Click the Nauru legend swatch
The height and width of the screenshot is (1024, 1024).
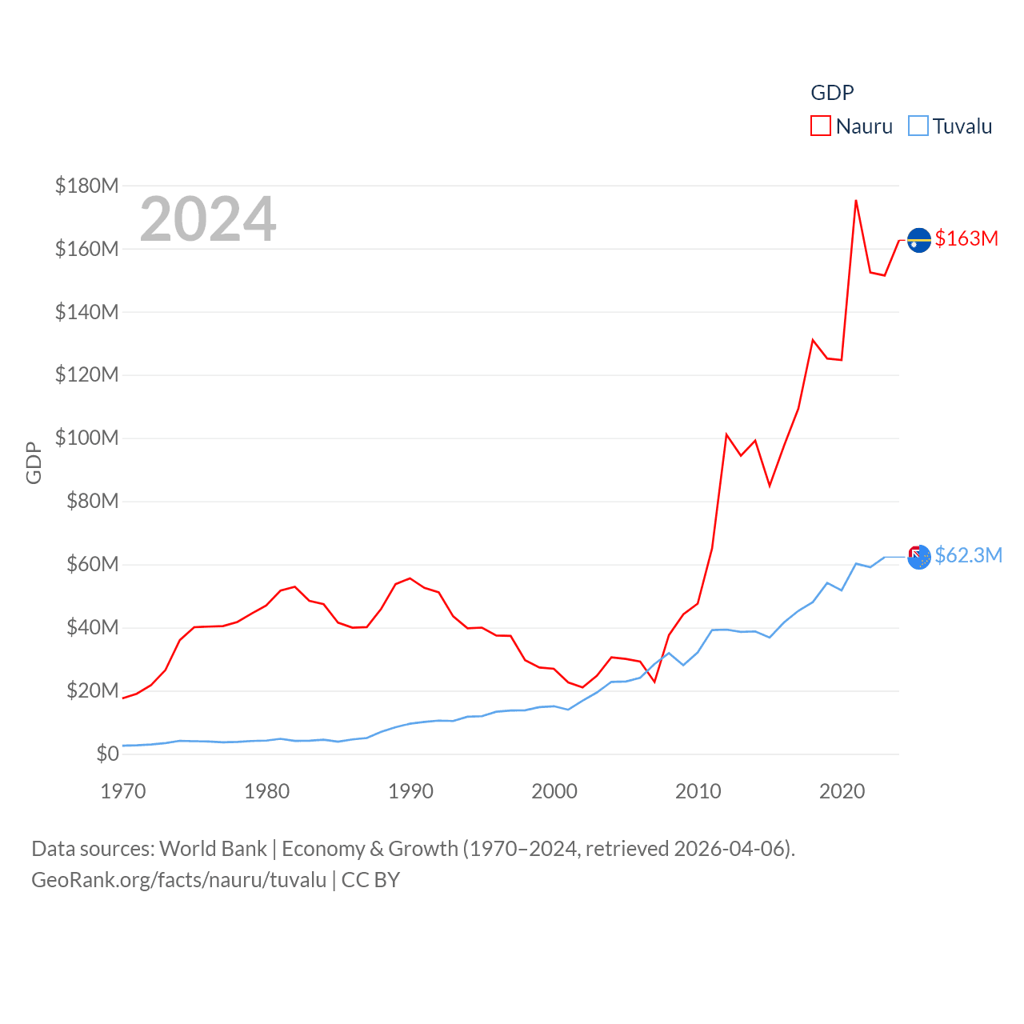point(821,126)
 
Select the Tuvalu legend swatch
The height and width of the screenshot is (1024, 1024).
point(918,126)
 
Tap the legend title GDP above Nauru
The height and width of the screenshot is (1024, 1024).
point(832,93)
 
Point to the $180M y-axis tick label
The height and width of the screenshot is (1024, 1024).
point(86,186)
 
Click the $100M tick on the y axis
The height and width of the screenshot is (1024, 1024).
point(86,438)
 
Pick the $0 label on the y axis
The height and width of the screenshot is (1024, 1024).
point(107,754)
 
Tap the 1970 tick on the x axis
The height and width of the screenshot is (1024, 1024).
point(123,791)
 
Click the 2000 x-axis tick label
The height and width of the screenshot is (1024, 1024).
point(554,791)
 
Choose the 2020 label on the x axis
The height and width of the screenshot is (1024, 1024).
point(842,791)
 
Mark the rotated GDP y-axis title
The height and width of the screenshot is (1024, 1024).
point(34,462)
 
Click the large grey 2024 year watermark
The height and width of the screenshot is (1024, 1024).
point(208,219)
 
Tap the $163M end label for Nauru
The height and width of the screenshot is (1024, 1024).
point(966,238)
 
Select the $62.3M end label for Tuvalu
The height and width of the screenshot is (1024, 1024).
point(968,555)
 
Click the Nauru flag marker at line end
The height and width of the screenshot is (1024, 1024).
point(919,240)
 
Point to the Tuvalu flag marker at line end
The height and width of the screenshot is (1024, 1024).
point(919,557)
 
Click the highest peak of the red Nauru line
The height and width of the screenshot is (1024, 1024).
point(856,201)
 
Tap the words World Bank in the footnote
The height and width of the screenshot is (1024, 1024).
point(213,849)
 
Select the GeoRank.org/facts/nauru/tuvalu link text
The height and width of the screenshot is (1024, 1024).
point(178,880)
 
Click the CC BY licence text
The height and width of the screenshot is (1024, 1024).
point(370,880)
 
